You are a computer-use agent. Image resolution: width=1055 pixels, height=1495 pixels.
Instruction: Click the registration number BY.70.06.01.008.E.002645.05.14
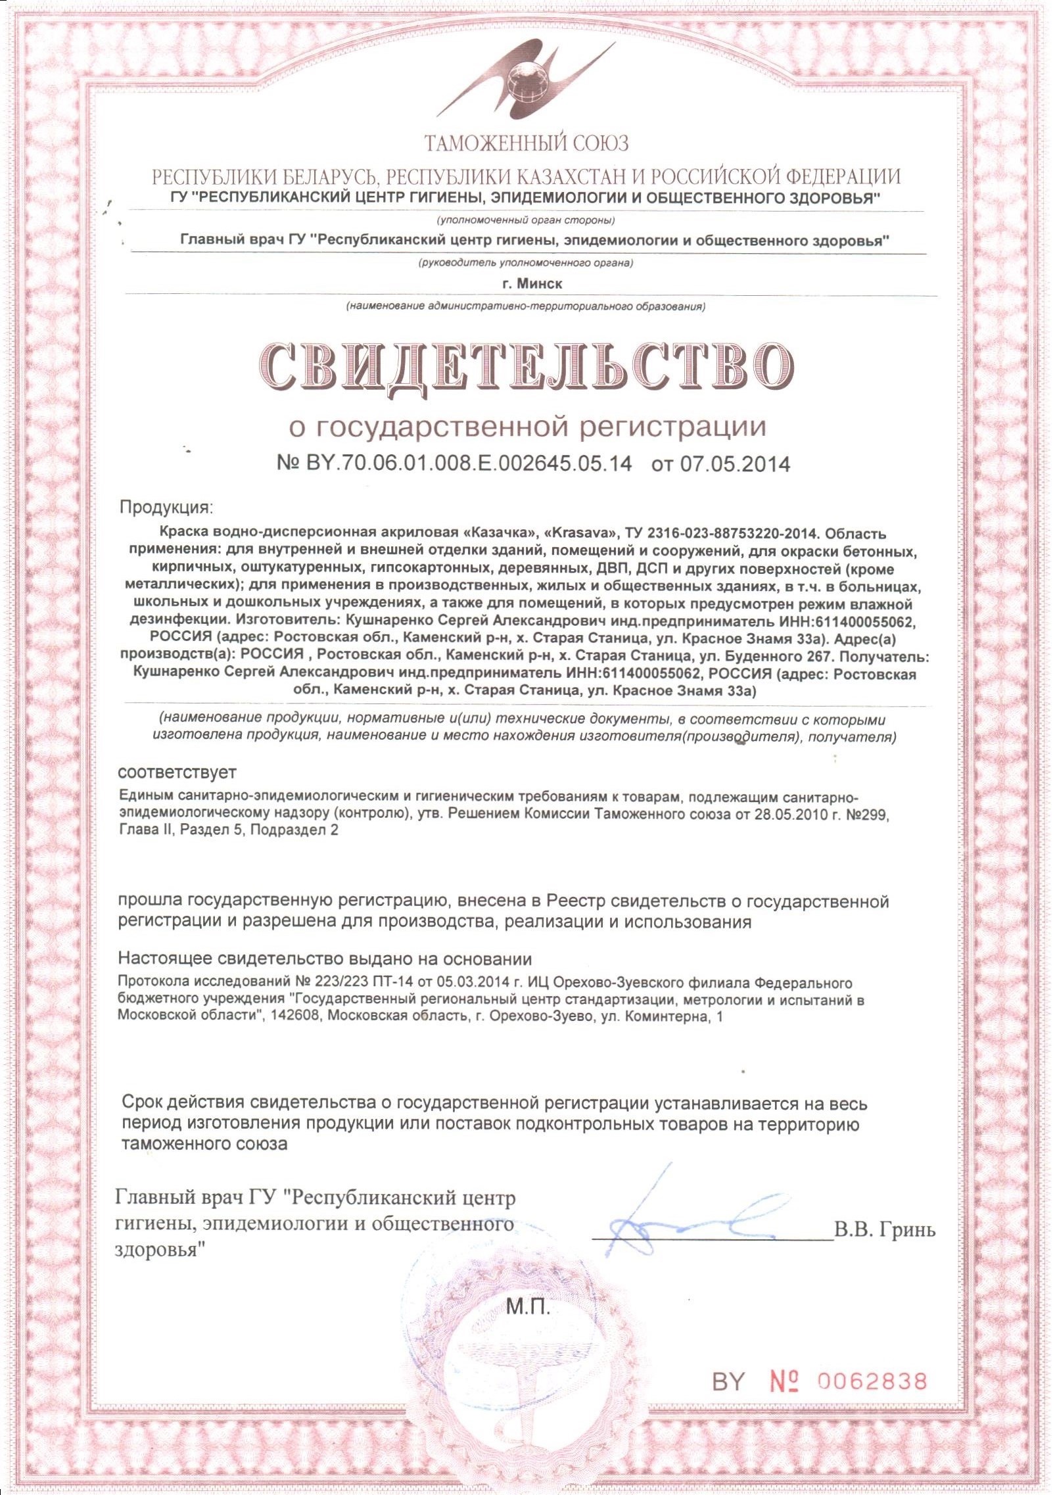click(454, 464)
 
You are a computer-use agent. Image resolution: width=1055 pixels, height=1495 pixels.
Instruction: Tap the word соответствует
click(177, 771)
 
